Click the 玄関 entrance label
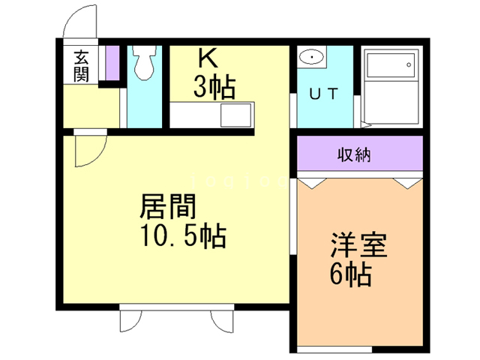tap(82, 65)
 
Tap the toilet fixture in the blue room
tap(144, 64)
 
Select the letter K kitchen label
tap(207, 58)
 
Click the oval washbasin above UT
tap(310, 58)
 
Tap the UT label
tap(324, 93)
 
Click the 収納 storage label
tap(353, 157)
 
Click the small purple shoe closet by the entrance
tap(112, 63)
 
